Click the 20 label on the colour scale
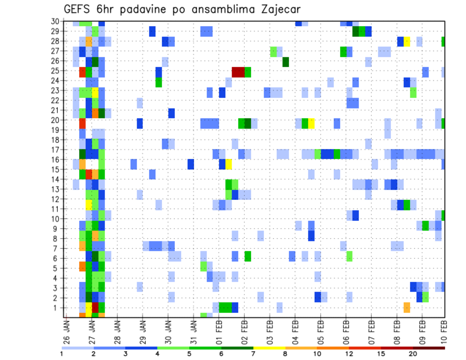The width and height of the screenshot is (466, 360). (x=414, y=354)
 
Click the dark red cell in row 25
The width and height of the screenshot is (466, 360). (x=238, y=72)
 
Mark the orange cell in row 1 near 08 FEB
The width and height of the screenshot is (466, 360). (x=407, y=307)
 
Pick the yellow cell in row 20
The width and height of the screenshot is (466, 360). (x=311, y=123)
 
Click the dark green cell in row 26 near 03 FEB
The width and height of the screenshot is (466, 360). (x=286, y=62)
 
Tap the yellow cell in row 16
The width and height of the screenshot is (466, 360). (x=229, y=164)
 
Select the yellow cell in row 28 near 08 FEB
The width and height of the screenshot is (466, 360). (x=407, y=41)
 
